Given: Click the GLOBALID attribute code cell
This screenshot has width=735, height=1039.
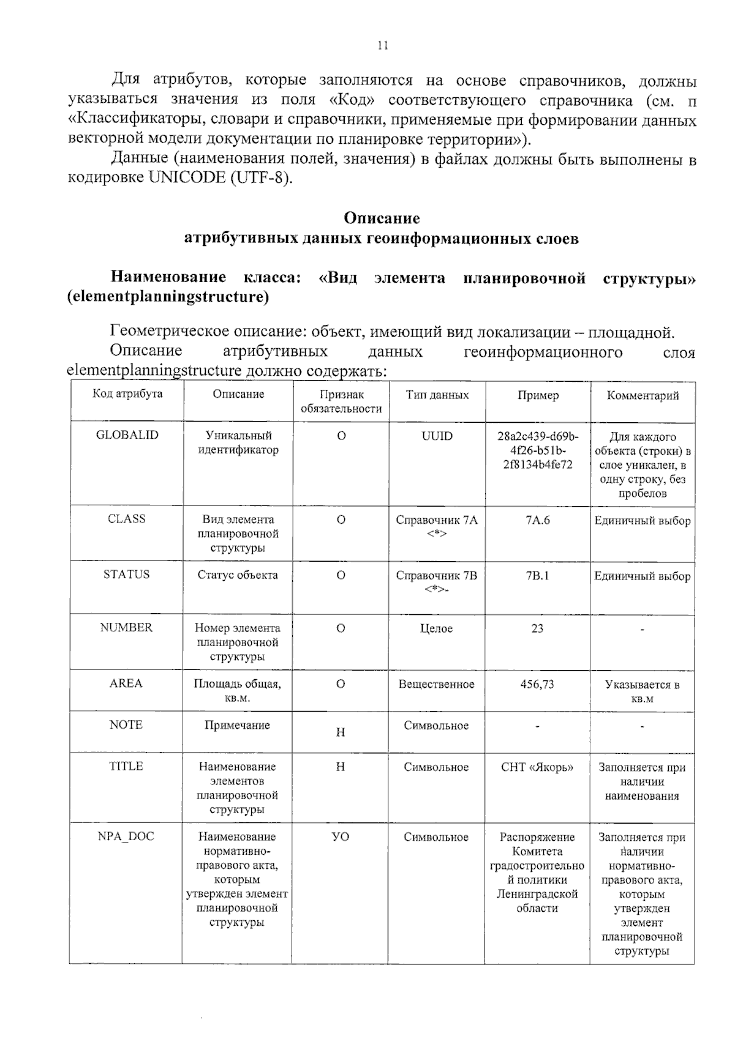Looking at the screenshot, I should [x=127, y=435].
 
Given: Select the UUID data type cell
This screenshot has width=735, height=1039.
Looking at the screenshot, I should [x=437, y=436].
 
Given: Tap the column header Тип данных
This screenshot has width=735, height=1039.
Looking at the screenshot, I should [x=437, y=395].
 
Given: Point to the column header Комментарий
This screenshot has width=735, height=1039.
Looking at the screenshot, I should [x=643, y=395].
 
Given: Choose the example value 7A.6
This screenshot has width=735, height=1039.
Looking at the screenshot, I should [x=537, y=520].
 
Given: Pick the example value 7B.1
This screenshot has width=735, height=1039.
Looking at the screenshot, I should [x=537, y=575].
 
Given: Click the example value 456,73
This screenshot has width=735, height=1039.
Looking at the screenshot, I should [x=537, y=684].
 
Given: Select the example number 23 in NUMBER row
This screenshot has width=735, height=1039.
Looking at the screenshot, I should [x=537, y=628].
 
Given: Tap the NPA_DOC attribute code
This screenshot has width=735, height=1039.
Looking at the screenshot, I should [x=126, y=836].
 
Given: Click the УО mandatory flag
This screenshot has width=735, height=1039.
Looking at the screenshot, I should [x=341, y=836].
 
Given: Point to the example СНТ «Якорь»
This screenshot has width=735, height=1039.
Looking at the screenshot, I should [x=537, y=767].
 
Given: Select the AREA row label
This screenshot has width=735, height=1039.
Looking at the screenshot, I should [x=126, y=683].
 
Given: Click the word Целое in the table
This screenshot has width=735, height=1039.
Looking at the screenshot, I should [x=436, y=628].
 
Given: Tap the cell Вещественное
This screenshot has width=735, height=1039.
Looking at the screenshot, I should [x=436, y=684].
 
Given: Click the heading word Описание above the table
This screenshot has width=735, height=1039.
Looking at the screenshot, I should [x=382, y=218].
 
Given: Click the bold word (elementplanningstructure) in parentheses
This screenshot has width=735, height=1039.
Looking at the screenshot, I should [x=168, y=297].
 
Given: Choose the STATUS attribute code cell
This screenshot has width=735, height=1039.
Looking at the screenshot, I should [x=126, y=574].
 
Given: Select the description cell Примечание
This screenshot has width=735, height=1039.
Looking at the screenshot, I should [x=237, y=725].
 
